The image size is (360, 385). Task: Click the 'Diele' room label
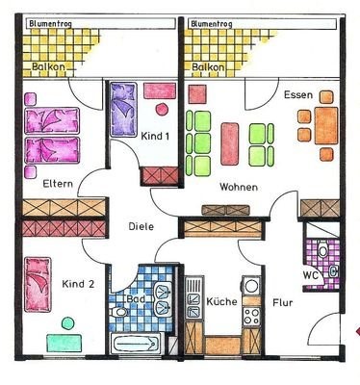(x=141, y=226)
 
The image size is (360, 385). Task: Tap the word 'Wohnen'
(x=239, y=187)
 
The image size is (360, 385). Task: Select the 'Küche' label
(x=221, y=301)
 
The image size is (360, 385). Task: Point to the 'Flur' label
(x=283, y=302)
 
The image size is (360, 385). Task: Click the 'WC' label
(x=310, y=275)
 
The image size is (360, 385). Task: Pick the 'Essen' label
(x=298, y=95)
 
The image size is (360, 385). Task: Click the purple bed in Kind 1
(x=123, y=110)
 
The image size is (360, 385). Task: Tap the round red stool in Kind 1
(x=162, y=110)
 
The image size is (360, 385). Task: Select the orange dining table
(x=326, y=126)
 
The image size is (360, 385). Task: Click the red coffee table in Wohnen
(x=230, y=143)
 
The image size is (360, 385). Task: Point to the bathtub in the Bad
(x=136, y=344)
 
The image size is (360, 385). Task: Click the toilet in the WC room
(x=321, y=250)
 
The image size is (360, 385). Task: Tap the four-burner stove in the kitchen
(x=251, y=316)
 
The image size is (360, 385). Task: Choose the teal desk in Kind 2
(x=64, y=343)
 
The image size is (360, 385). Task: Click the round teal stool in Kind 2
(x=67, y=323)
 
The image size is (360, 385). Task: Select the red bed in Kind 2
(x=38, y=285)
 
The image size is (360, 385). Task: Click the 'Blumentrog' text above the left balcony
(x=50, y=24)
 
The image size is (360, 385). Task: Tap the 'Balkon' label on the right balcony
(x=208, y=67)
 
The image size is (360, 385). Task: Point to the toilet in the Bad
(x=117, y=312)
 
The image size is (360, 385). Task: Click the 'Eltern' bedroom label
(x=58, y=184)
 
